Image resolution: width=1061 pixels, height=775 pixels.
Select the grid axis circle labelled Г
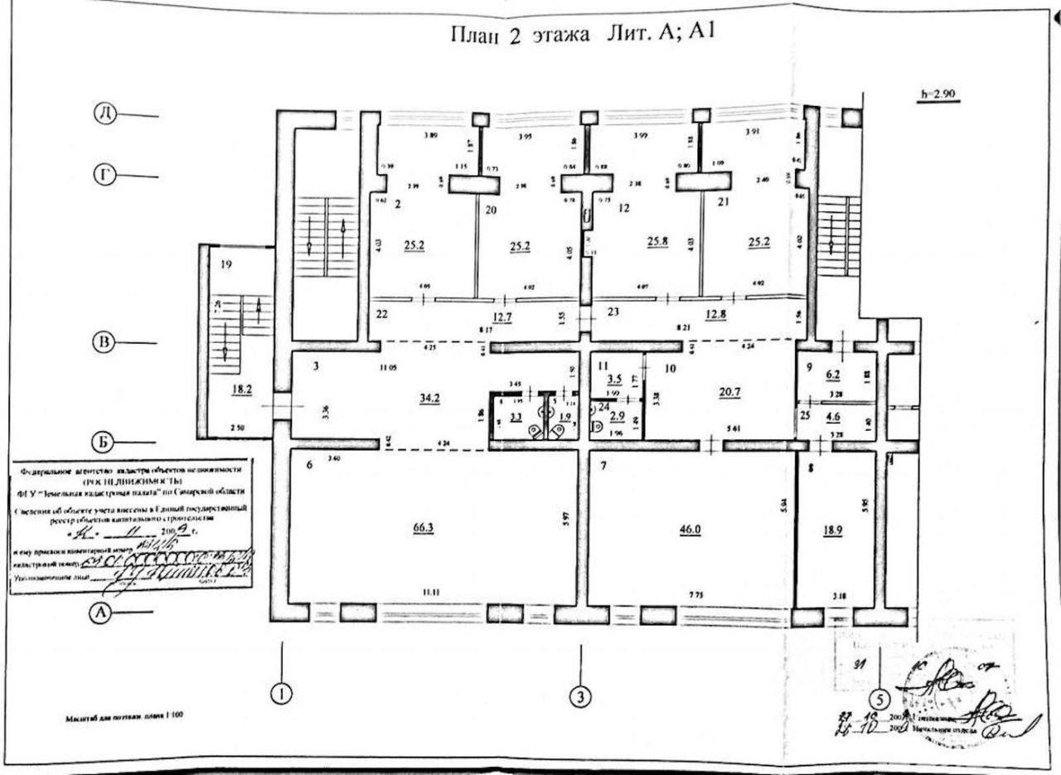pos(104,175)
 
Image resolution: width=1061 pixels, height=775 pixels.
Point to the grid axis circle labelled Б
pos(101,442)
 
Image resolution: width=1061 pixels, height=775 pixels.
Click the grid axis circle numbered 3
pos(582,698)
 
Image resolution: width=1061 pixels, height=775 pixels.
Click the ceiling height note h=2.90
pos(938,94)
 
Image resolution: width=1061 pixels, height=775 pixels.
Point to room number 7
pos(605,465)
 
